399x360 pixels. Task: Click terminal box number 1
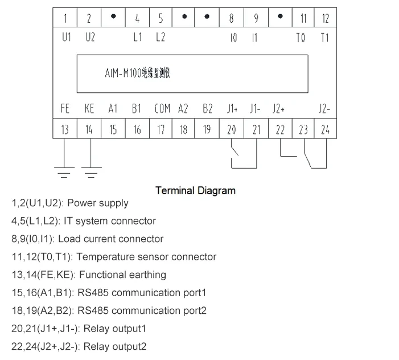point(65,18)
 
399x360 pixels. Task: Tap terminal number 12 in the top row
point(325,18)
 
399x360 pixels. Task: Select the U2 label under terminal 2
point(89,38)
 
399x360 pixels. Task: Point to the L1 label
point(137,38)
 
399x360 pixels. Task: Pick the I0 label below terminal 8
point(232,38)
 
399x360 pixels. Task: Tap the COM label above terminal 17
point(162,109)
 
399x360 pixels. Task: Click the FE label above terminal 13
point(65,109)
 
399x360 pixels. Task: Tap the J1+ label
point(231,109)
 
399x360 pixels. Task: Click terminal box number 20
point(231,129)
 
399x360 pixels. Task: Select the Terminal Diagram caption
point(195,191)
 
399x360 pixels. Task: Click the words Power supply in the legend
point(98,203)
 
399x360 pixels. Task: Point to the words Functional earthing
point(122,275)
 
